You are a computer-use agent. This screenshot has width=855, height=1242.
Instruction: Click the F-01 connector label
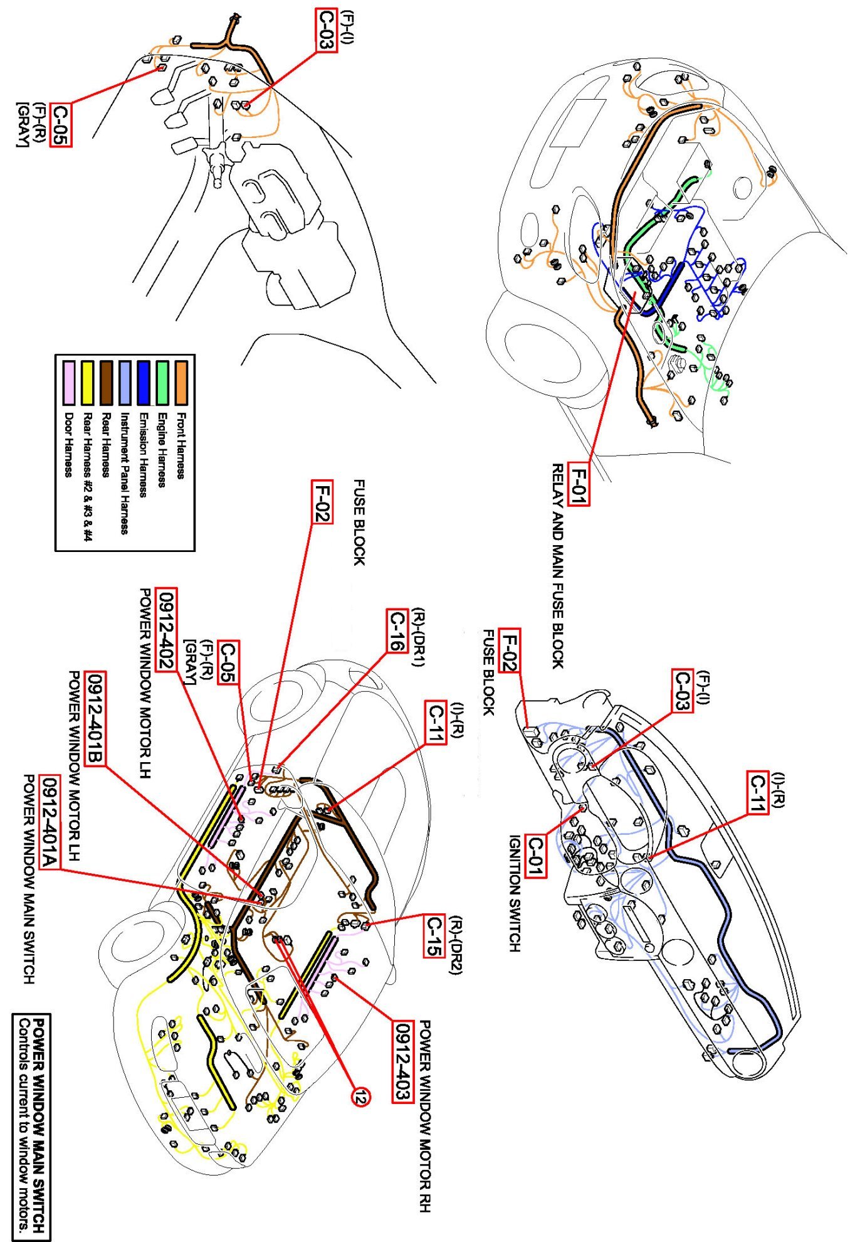click(x=578, y=484)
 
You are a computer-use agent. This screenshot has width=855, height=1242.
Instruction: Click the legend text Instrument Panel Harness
click(x=125, y=474)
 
